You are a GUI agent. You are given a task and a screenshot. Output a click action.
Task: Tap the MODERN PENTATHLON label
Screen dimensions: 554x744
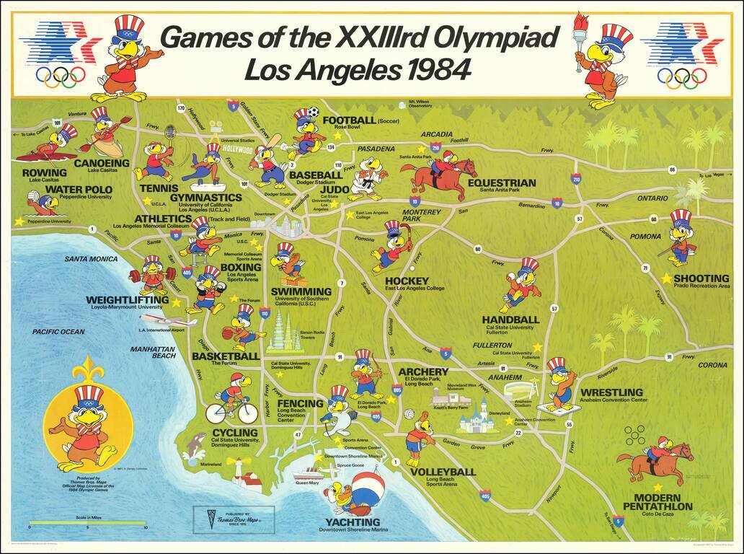coord(663,502)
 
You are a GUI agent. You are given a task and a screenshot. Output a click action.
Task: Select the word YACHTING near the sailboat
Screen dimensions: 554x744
coord(352,522)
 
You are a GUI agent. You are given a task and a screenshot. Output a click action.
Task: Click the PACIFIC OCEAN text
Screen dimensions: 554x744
coord(58,332)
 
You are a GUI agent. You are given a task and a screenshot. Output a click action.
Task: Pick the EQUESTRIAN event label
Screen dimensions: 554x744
coord(502,183)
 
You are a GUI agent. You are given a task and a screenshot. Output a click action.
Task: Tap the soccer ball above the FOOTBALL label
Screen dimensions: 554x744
coord(314,113)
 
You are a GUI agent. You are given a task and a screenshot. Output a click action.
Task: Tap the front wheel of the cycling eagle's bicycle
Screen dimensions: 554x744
coord(247,413)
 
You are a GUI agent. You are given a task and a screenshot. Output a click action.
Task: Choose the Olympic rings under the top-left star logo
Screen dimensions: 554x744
coord(61,75)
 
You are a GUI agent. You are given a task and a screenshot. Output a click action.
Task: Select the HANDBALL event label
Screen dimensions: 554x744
coord(510,319)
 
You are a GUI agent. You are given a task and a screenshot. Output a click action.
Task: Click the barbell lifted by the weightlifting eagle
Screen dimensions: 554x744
coord(151,275)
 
